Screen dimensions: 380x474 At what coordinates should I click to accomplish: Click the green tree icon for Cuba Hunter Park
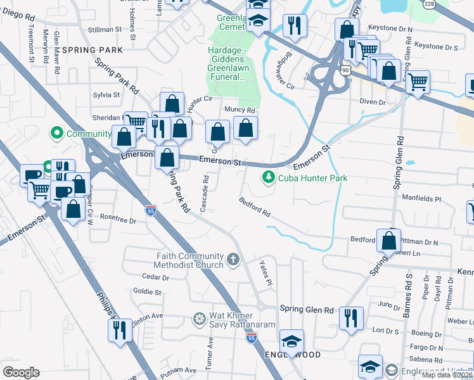point(269,178)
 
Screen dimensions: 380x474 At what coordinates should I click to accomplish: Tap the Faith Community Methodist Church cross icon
point(233,260)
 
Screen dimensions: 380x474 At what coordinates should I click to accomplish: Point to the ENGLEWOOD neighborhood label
point(293,355)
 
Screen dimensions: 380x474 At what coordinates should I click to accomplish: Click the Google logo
point(21,372)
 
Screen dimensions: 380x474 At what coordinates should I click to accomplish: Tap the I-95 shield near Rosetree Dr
point(150,210)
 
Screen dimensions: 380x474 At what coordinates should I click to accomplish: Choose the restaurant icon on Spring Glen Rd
point(351,318)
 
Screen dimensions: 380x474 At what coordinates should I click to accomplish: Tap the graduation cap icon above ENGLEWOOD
point(291,341)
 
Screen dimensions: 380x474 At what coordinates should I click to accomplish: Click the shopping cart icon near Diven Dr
point(418,81)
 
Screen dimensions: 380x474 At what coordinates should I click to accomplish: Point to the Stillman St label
point(105,30)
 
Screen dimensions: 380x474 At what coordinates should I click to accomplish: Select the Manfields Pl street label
point(421,198)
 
